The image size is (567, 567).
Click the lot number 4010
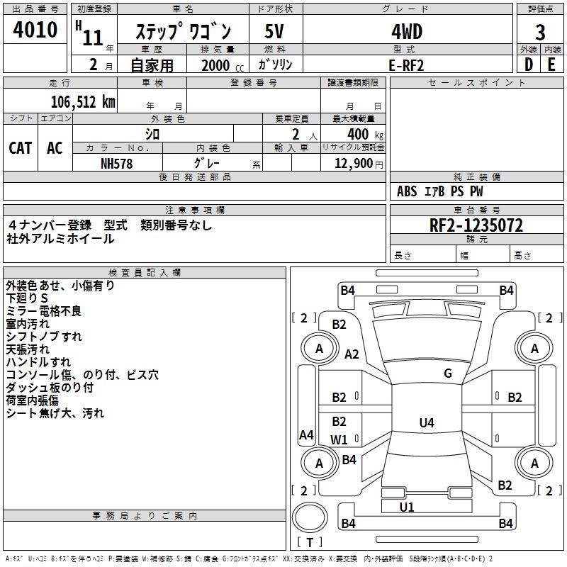[x=35, y=30]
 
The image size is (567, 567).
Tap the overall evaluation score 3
[x=540, y=33]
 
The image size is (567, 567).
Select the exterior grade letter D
[x=528, y=64]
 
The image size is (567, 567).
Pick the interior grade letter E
[x=551, y=64]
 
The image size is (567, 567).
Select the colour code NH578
[x=117, y=163]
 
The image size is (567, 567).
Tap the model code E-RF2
[x=407, y=64]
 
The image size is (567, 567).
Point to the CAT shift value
[x=20, y=147]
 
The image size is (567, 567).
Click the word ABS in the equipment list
[x=407, y=191]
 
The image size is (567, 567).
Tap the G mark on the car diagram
[x=448, y=374]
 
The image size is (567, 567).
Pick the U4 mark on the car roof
[x=426, y=423]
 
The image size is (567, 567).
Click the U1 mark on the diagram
[x=407, y=507]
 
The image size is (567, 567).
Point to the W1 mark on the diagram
[x=339, y=439]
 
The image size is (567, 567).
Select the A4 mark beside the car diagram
[x=306, y=435]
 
